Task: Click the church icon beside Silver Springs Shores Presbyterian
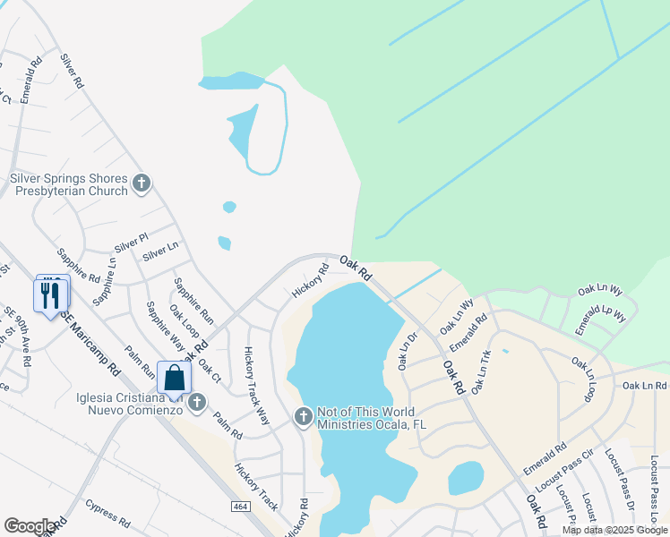[141, 184]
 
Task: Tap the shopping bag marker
[174, 378]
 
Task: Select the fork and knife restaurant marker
[51, 294]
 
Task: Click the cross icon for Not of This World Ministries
[303, 416]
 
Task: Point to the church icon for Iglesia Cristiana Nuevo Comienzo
[197, 404]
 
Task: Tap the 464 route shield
[240, 507]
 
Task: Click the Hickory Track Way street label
[257, 385]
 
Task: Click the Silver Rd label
[72, 71]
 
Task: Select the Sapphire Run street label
[194, 300]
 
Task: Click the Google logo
[30, 526]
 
